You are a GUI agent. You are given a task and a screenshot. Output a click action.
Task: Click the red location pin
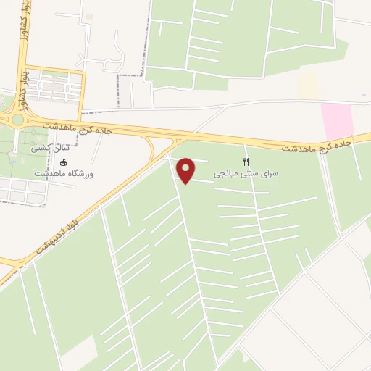click(187, 171)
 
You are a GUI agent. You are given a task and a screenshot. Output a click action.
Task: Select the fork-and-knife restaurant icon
click(246, 162)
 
